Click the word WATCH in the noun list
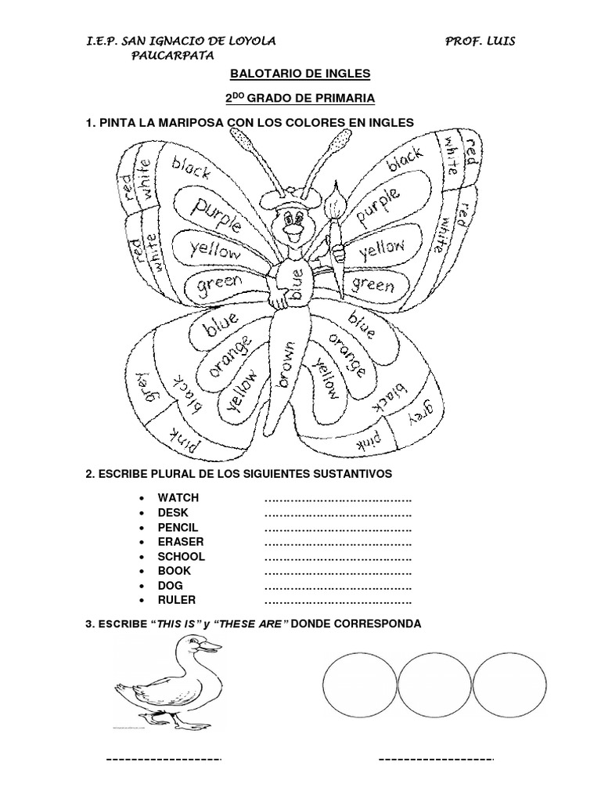tap(178, 497)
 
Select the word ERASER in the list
tap(180, 542)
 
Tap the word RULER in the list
tap(177, 601)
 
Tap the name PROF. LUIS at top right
tap(480, 41)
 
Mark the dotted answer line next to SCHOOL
tap(338, 557)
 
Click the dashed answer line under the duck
tap(164, 759)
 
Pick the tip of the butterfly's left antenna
tap(243, 142)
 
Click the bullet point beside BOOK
tap(139, 572)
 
